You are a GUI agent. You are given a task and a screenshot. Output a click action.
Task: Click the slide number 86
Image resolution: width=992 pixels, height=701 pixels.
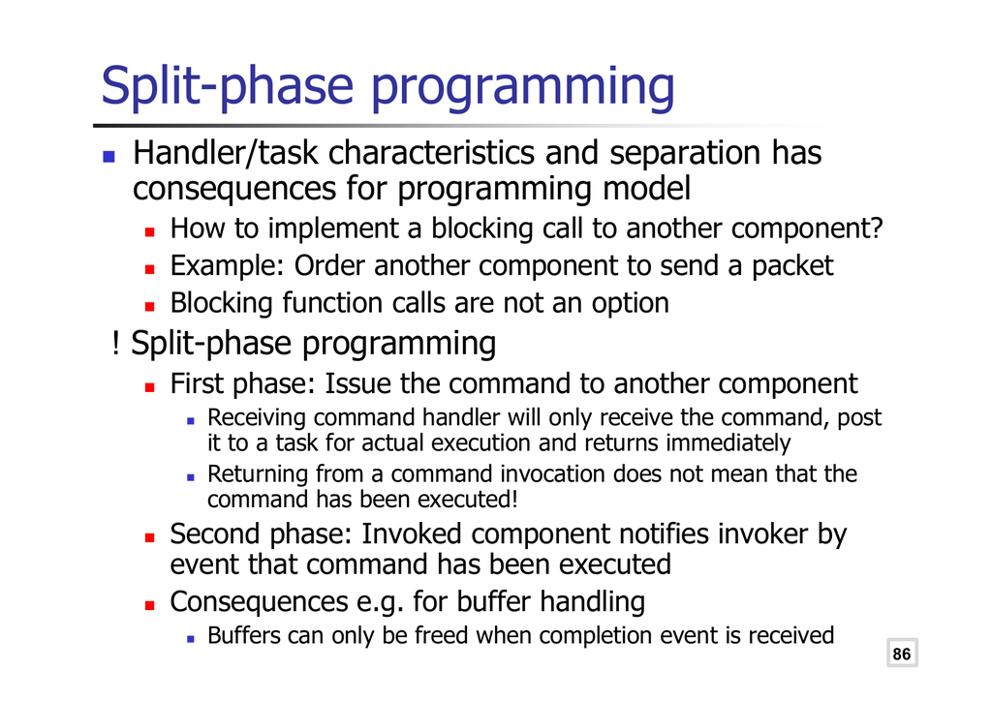[x=902, y=654]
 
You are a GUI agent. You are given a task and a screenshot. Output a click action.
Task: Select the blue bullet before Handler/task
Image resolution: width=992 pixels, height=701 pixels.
[x=108, y=156]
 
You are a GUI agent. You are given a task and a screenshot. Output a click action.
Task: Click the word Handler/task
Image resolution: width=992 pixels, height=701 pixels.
[x=225, y=153]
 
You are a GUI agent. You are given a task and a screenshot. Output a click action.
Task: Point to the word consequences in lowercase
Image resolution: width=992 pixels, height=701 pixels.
[x=234, y=189]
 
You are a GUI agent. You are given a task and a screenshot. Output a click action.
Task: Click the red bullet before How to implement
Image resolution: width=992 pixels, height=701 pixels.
[x=149, y=232]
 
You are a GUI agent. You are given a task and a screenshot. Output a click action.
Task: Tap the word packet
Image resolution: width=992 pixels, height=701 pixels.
[x=792, y=266]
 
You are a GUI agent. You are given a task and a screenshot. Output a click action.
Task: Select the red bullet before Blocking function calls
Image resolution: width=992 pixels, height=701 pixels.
[x=149, y=307]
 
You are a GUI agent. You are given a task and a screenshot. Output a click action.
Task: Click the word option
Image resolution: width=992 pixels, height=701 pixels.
[x=630, y=303]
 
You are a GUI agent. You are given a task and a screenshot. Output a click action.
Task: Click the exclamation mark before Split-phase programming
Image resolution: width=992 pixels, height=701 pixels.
[x=115, y=343]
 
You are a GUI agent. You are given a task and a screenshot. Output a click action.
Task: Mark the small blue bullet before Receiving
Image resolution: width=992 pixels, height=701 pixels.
[x=191, y=420]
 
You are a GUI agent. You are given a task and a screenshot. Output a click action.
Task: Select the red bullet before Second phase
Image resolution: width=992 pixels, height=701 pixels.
[x=149, y=538]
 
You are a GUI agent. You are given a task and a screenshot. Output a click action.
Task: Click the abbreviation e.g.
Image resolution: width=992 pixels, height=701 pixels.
[x=380, y=602]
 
